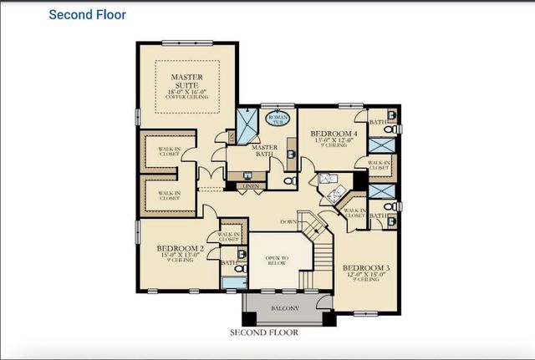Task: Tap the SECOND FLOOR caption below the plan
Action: tap(264, 332)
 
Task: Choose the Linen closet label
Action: tap(248, 185)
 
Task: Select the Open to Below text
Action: tap(276, 259)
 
